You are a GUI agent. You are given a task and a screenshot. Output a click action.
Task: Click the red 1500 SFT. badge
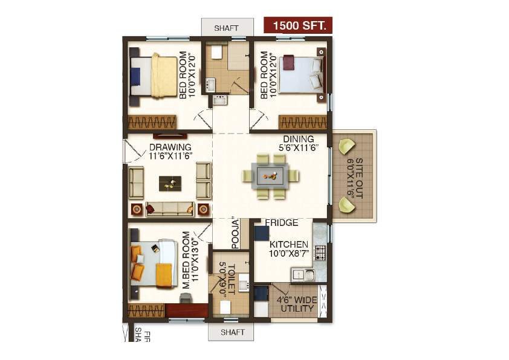click(x=298, y=25)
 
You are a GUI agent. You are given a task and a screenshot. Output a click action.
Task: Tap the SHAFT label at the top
click(x=227, y=28)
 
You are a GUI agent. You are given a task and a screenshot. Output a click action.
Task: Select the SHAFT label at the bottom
click(x=233, y=332)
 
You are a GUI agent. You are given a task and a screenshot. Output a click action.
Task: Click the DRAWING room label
click(x=170, y=147)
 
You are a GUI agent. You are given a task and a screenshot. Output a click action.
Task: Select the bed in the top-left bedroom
click(x=157, y=75)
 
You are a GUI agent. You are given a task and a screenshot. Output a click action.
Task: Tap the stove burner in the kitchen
click(x=320, y=252)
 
